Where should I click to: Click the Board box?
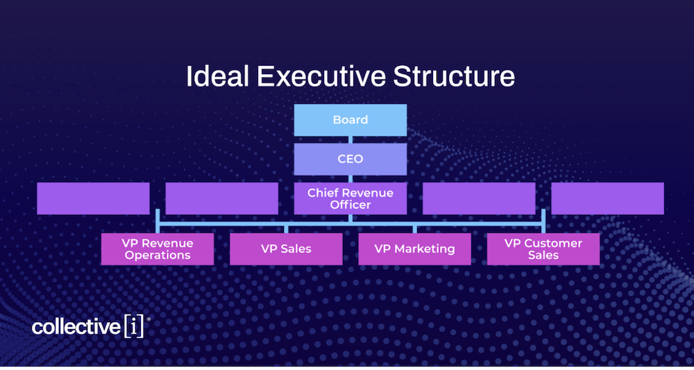pos(350,120)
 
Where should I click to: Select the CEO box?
pos(350,159)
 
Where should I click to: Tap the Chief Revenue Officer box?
pos(350,198)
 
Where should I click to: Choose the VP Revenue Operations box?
pos(158,249)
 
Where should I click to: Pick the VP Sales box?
pos(286,249)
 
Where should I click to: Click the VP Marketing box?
pos(414,249)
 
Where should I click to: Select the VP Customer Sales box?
pos(543,249)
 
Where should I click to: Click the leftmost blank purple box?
pos(93,198)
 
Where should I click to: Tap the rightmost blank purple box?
pos(607,198)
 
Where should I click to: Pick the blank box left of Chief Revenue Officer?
pos(221,198)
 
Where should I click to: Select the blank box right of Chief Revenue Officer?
pos(479,198)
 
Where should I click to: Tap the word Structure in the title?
pos(455,76)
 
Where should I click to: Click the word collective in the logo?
pos(76,327)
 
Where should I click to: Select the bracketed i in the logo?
pos(134,327)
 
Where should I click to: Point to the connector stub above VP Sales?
pos(286,229)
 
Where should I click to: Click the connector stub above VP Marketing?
pos(414,229)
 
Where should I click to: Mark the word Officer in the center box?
pos(350,204)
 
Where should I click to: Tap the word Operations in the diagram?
pos(158,255)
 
